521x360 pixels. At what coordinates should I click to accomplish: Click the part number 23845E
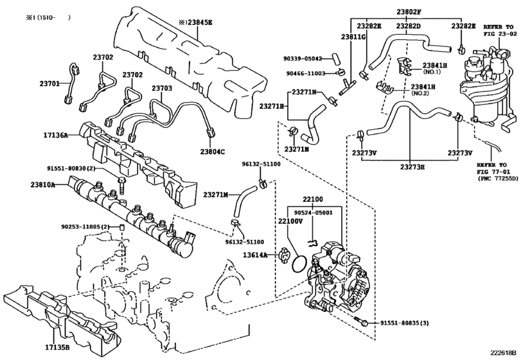pyautogui.click(x=199, y=22)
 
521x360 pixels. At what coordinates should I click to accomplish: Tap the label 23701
pyautogui.click(x=50, y=84)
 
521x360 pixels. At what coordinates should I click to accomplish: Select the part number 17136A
pyautogui.click(x=55, y=135)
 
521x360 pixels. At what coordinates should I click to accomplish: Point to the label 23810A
pyautogui.click(x=43, y=184)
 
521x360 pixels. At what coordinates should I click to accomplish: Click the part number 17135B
pyautogui.click(x=57, y=348)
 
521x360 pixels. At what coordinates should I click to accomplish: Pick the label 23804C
pyautogui.click(x=213, y=152)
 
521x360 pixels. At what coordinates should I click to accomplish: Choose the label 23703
pyautogui.click(x=162, y=89)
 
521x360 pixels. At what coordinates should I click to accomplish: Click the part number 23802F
pyautogui.click(x=409, y=12)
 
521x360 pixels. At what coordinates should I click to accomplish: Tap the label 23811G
pyautogui.click(x=353, y=37)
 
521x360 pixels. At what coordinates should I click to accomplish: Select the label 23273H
pyautogui.click(x=412, y=166)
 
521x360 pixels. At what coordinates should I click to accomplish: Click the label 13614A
pyautogui.click(x=255, y=255)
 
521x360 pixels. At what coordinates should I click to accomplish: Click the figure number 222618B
pyautogui.click(x=504, y=352)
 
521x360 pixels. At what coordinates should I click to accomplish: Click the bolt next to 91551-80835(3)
pyautogui.click(x=361, y=320)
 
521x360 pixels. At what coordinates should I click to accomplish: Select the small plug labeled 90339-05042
pyautogui.click(x=335, y=60)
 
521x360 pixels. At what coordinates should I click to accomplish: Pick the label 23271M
pyautogui.click(x=216, y=194)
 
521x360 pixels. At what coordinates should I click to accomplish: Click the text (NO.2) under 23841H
pyautogui.click(x=421, y=93)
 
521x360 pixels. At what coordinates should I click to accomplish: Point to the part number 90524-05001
pyautogui.click(x=314, y=212)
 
